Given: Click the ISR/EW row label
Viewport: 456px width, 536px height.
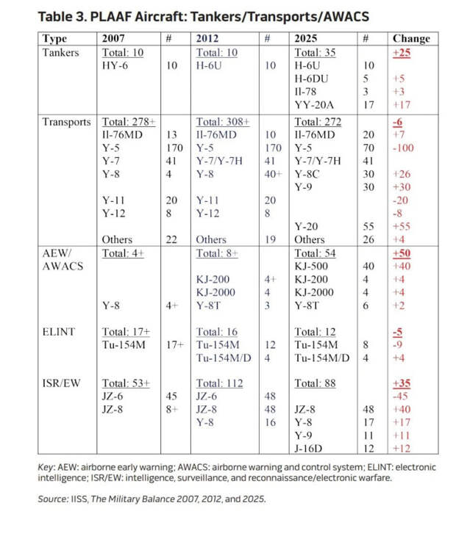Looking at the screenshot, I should (63, 383).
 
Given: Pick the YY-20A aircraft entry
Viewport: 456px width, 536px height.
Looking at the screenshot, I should (315, 105).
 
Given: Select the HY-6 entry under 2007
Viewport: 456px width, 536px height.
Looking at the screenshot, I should (118, 65).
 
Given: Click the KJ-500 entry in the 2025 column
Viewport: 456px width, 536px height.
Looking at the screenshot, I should (316, 266).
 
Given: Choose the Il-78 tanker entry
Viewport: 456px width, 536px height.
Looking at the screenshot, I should (307, 92).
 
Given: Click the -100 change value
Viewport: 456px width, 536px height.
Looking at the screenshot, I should (407, 148).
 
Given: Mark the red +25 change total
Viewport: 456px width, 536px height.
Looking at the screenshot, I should (403, 52).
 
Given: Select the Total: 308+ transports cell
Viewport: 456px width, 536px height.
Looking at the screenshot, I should (224, 122).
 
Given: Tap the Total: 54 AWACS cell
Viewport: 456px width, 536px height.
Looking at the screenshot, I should (316, 253).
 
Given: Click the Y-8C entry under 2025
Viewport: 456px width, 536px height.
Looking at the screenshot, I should (312, 174).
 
